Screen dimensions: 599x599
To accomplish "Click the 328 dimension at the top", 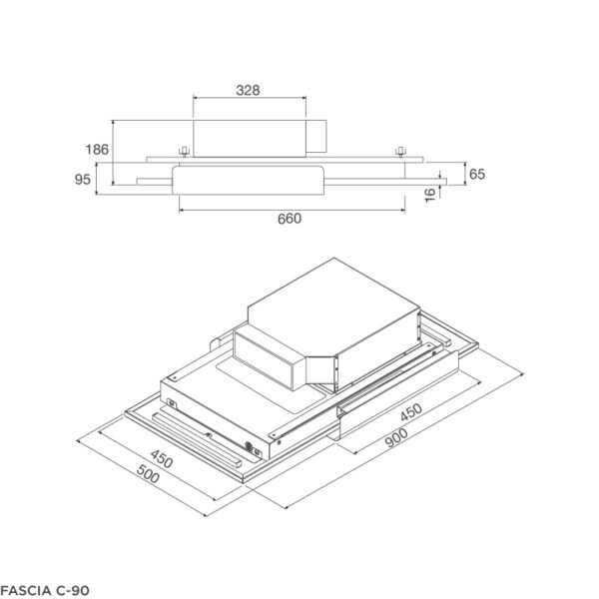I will click(x=249, y=90).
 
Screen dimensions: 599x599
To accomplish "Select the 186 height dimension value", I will click(x=97, y=150).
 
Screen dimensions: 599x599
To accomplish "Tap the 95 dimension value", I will click(x=83, y=180).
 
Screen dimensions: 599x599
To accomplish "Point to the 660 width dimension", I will click(x=289, y=219).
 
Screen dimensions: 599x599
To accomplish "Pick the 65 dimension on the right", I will click(x=476, y=174).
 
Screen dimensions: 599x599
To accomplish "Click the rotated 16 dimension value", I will click(x=430, y=194).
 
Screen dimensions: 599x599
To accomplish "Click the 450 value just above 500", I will click(x=161, y=460).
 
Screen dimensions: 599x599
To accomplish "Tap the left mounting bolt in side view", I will click(x=184, y=152).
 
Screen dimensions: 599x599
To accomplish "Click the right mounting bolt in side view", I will click(x=399, y=152).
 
